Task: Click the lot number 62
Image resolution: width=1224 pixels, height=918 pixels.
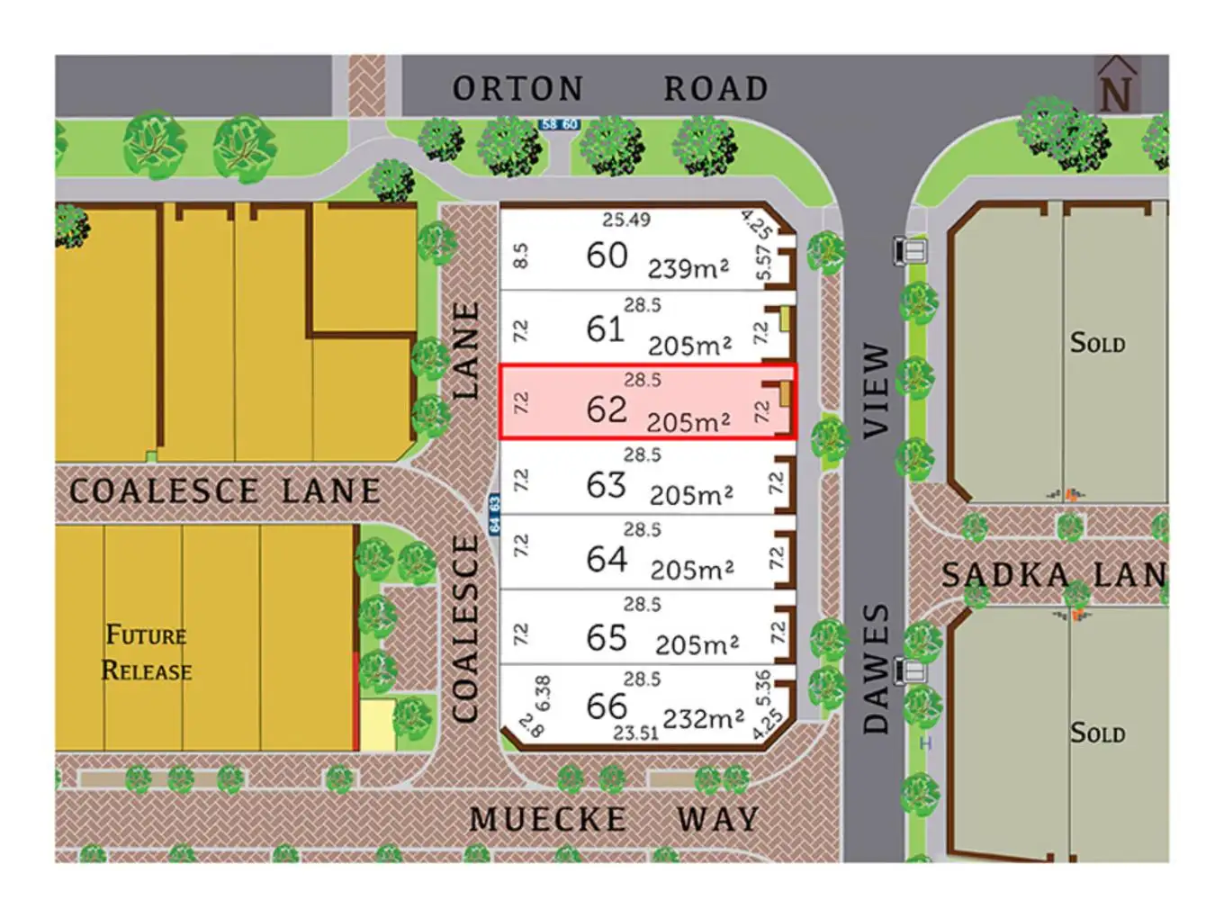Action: point(606,409)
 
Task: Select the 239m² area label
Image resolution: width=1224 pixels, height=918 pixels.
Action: point(688,268)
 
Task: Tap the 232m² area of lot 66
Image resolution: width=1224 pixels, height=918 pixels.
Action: point(703,719)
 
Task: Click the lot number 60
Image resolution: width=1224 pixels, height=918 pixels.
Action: point(607,256)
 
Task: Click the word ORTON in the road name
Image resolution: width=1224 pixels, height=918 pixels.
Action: point(517,89)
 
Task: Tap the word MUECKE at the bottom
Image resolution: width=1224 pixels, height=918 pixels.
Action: point(548,820)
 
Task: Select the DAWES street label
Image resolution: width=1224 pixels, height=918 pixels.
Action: point(876,668)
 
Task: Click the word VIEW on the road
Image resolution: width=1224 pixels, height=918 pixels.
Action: point(876,391)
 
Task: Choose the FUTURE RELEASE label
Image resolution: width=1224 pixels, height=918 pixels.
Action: point(147,653)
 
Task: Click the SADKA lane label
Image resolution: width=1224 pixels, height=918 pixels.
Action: point(1005,575)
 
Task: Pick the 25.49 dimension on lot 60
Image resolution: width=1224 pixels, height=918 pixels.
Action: point(626,220)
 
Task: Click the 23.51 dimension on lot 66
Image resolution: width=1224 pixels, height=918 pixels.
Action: point(635,733)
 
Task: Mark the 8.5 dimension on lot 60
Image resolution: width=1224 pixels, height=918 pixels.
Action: point(520,256)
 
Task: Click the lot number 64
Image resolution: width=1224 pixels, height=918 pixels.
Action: point(606,560)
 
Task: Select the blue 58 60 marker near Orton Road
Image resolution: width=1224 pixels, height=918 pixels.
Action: point(559,124)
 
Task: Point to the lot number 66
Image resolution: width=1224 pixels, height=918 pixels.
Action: point(606,706)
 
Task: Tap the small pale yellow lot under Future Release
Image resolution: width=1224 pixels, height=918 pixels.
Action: point(377,724)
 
